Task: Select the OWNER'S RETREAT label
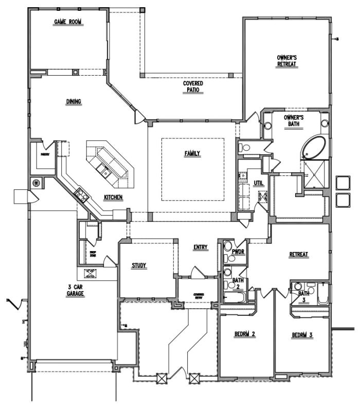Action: (287, 60)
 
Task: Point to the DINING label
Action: (74, 101)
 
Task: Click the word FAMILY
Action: (193, 153)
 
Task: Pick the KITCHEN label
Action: (113, 198)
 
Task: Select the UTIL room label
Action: (258, 183)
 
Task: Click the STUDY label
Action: (139, 265)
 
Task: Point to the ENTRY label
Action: (201, 247)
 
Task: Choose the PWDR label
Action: (238, 252)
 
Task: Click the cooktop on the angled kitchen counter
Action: (81, 194)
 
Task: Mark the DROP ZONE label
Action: (93, 254)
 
